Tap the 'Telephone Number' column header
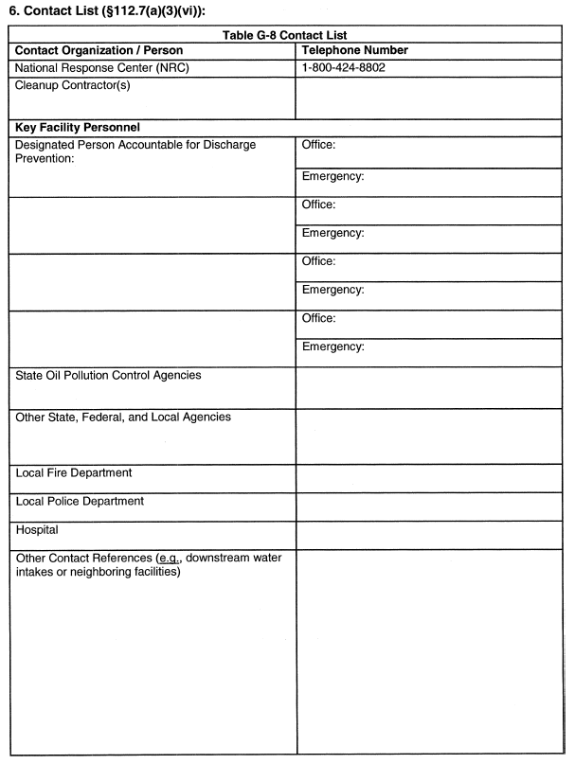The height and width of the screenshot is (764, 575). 354,51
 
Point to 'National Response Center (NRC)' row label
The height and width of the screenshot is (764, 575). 110,68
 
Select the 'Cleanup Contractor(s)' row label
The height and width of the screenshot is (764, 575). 74,85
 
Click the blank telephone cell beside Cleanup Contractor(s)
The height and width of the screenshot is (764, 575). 430,96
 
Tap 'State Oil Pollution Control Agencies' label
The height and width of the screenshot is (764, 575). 108,376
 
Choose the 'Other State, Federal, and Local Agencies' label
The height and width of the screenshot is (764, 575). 122,418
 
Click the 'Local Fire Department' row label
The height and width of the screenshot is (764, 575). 74,472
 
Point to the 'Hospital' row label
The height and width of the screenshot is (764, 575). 38,530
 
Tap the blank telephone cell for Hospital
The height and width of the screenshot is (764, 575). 430,534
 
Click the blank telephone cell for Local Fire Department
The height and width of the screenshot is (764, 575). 430,477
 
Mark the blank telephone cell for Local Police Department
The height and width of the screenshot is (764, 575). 430,506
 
